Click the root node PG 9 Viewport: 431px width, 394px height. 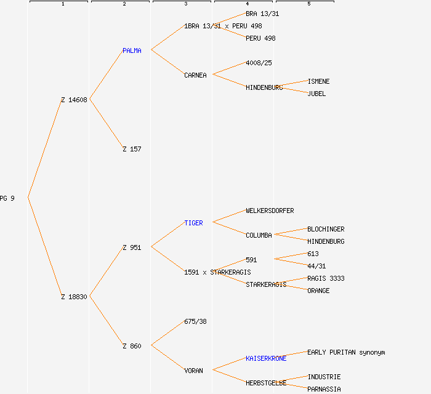click(7, 198)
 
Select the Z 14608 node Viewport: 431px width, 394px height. click(74, 100)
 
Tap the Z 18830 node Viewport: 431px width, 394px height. click(74, 297)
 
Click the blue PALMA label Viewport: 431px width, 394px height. click(132, 50)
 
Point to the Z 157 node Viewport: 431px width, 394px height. click(132, 149)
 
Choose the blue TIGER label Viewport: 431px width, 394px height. click(193, 223)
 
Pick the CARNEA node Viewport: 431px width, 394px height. click(195, 75)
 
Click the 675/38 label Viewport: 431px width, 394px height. click(195, 321)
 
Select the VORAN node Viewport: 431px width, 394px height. click(193, 371)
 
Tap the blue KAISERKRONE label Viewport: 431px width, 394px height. click(266, 358)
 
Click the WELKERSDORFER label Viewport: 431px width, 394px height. click(270, 211)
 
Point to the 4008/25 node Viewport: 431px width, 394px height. click(259, 63)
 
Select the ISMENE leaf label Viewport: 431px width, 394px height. click(318, 81)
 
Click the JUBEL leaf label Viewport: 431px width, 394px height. click(316, 94)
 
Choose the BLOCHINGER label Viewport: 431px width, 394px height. click(326, 229)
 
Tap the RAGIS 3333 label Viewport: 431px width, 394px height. click(326, 278)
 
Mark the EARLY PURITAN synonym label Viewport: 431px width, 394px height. click(346, 352)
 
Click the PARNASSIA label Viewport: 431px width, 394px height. click(324, 389)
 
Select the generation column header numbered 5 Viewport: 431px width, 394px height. click(308, 4)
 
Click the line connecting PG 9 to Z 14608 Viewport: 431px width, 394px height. click(44, 148)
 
